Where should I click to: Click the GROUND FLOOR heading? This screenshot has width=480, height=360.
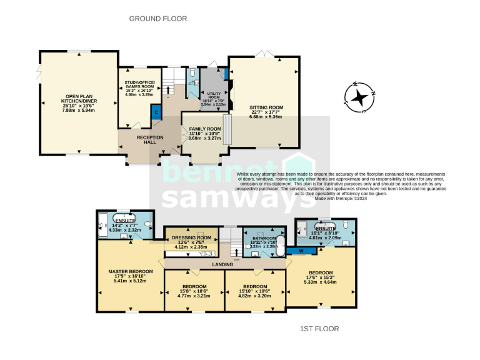[158, 19]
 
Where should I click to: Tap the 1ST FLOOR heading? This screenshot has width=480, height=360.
[320, 329]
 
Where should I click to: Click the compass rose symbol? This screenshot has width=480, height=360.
[359, 97]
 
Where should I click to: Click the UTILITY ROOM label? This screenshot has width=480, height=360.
[214, 95]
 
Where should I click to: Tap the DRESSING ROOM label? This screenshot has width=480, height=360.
[191, 238]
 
